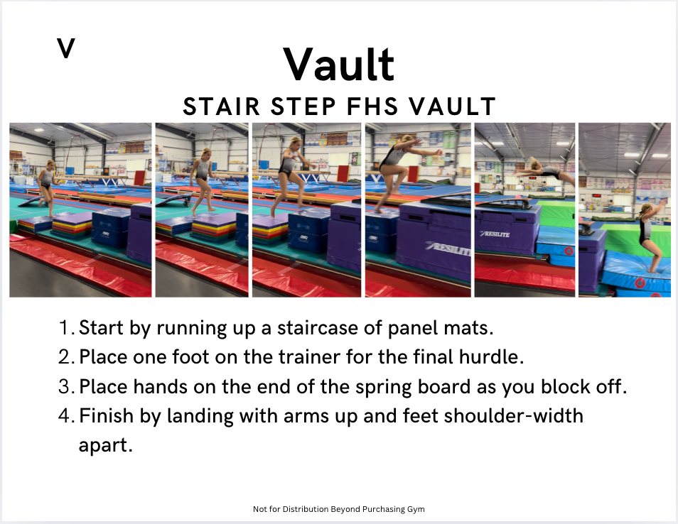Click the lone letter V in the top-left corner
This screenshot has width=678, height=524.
[x=65, y=48]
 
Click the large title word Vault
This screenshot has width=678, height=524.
[x=338, y=65]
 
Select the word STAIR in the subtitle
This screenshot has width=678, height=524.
[x=222, y=107]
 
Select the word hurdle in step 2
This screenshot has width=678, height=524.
[x=491, y=357]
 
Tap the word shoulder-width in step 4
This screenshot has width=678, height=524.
[x=513, y=416]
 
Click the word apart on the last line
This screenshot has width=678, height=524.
[x=105, y=445]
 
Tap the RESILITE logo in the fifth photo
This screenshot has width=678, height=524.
[x=495, y=234]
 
